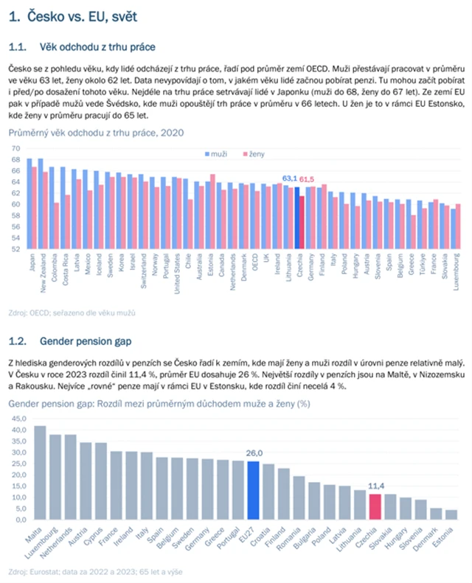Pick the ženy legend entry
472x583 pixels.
click(x=253, y=153)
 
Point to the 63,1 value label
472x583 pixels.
click(x=290, y=178)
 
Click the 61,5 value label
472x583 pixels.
click(x=306, y=178)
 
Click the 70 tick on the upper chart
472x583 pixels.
click(x=15, y=148)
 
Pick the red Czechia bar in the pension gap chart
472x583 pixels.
click(x=375, y=506)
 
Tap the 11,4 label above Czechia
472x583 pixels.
click(x=375, y=487)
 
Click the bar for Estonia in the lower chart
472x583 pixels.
click(x=451, y=514)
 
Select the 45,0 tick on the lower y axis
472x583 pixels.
click(x=16, y=418)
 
